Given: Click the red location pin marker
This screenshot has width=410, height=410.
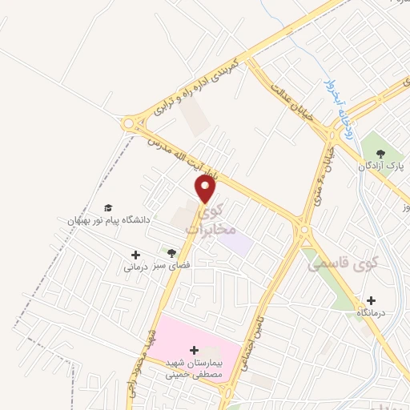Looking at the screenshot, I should click(206, 190).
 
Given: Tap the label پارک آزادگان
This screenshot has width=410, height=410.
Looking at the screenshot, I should click(380, 166).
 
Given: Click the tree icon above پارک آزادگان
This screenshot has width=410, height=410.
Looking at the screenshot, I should click(380, 153).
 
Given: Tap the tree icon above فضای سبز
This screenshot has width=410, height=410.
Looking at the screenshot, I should click(167, 253).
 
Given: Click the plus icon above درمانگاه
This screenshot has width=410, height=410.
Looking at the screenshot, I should click(371, 300).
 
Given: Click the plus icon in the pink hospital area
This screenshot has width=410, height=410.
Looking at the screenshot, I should click(195, 349).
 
